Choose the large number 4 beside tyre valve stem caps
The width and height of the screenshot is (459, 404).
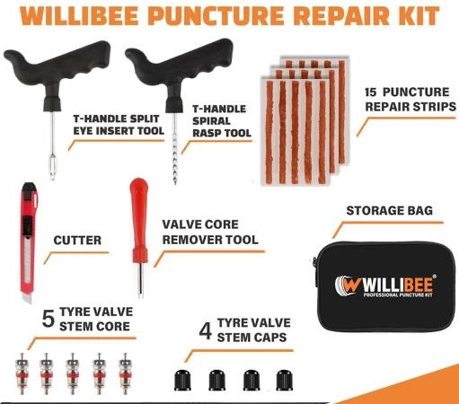(x=205, y=332)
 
